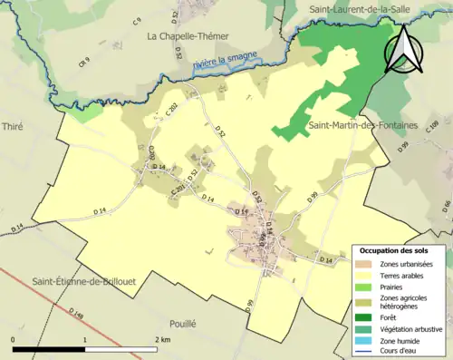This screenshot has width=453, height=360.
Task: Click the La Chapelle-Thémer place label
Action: [188, 36]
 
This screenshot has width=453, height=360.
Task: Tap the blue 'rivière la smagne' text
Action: [225, 60]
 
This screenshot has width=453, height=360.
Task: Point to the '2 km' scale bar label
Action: [162, 339]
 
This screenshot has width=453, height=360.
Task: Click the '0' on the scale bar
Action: [14, 339]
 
